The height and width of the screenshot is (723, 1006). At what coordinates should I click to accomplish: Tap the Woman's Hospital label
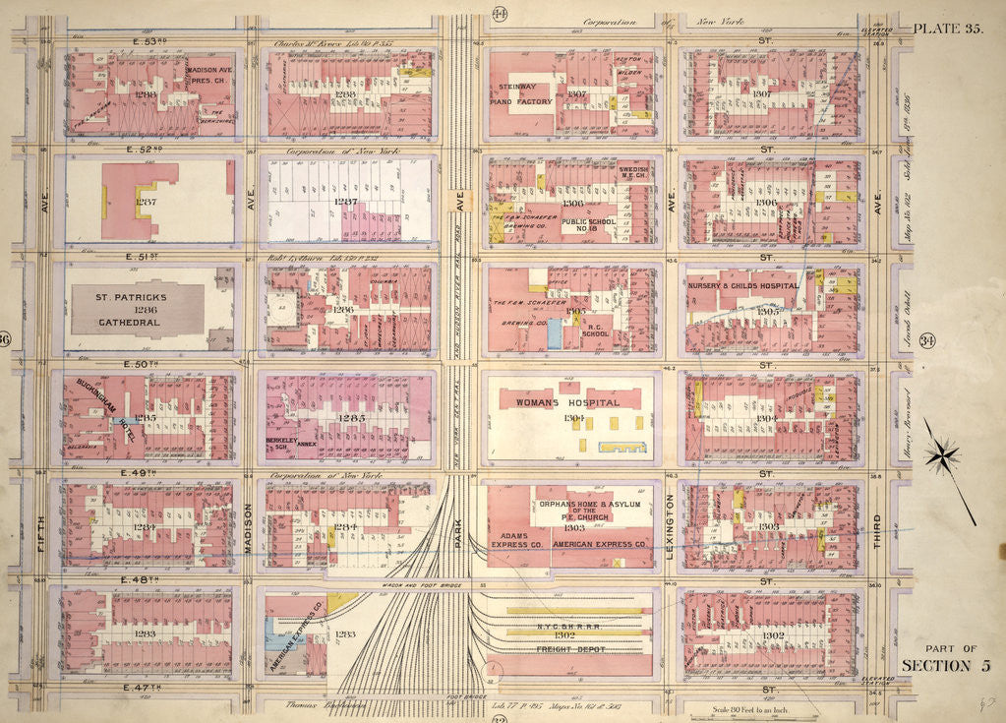click(x=569, y=403)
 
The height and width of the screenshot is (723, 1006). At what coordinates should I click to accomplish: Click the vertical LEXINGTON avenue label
click(x=671, y=526)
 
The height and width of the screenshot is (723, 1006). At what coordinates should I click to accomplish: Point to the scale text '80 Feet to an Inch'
click(x=754, y=709)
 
